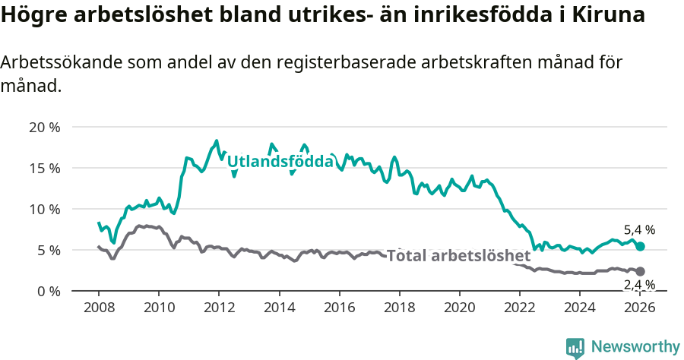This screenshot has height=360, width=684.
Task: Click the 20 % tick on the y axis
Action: pyautogui.click(x=44, y=127)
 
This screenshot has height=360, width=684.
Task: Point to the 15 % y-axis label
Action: pyautogui.click(x=44, y=168)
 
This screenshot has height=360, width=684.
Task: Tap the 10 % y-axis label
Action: pyautogui.click(x=44, y=209)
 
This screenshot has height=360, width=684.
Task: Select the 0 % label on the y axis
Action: pyautogui.click(x=47, y=291)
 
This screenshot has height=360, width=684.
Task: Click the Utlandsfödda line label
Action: pyautogui.click(x=280, y=161)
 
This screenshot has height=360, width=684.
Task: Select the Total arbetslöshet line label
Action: pyautogui.click(x=458, y=255)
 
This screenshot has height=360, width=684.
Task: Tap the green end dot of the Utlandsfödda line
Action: pyautogui.click(x=641, y=246)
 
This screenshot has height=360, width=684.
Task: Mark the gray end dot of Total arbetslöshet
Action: pyautogui.click(x=641, y=271)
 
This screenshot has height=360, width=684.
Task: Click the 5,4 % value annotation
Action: pyautogui.click(x=639, y=229)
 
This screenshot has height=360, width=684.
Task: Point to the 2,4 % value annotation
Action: pyautogui.click(x=639, y=285)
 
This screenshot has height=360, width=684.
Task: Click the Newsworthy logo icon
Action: pyautogui.click(x=575, y=347)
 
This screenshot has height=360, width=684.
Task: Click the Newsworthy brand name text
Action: pyautogui.click(x=635, y=347)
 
